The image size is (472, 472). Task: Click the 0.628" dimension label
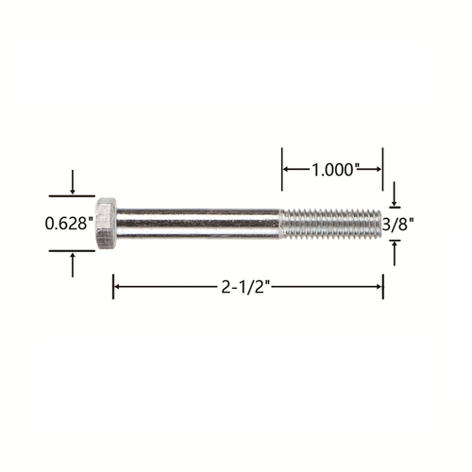click(x=69, y=224)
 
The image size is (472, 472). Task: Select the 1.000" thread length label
click(x=334, y=170)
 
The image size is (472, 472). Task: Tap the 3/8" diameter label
click(x=397, y=225)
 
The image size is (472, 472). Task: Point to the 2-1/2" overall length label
click(x=246, y=287)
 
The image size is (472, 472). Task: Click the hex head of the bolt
click(x=106, y=224)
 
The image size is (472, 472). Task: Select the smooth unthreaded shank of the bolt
click(x=198, y=224)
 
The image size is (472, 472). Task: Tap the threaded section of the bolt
click(x=330, y=224)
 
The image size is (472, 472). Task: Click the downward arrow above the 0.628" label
click(x=73, y=182)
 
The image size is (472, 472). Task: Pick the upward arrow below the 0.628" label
click(x=73, y=265)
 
